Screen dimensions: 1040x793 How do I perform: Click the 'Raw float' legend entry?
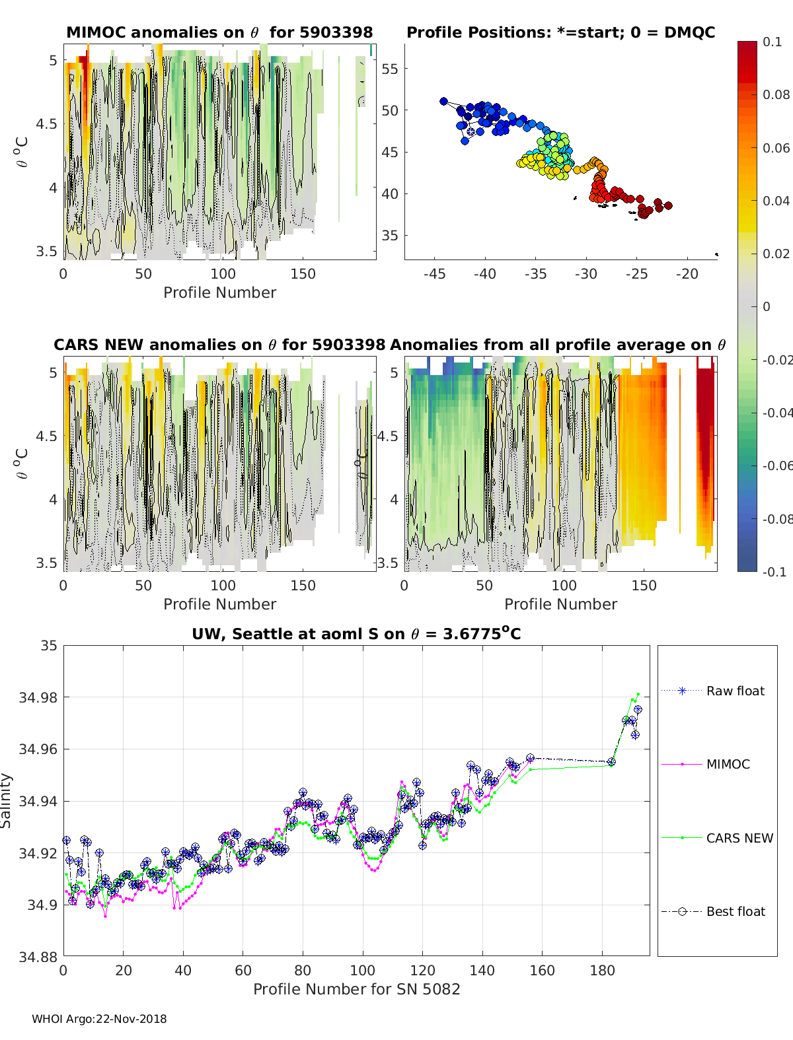pyautogui.click(x=735, y=691)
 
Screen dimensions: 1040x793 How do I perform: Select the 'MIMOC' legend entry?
pyautogui.click(x=728, y=764)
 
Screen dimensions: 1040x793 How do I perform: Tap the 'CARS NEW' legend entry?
pyautogui.click(x=739, y=838)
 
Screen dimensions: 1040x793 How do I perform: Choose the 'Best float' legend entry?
pyautogui.click(x=736, y=911)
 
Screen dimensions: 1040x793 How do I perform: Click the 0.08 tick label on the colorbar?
pyautogui.click(x=776, y=94)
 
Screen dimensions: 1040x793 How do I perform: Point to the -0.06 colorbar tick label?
pyautogui.click(x=776, y=466)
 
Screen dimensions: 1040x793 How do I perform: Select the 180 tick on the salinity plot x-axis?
pyautogui.click(x=602, y=971)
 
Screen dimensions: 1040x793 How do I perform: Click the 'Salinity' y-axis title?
pyautogui.click(x=7, y=800)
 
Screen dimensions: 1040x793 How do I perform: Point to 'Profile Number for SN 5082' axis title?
pyautogui.click(x=356, y=989)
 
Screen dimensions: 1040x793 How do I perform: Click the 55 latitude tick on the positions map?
pyautogui.click(x=390, y=69)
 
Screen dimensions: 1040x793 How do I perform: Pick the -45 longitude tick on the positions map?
pyautogui.click(x=434, y=274)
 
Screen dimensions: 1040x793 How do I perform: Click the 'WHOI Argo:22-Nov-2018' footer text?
pyautogui.click(x=99, y=1019)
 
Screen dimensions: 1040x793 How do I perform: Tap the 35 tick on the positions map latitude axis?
pyautogui.click(x=390, y=236)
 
